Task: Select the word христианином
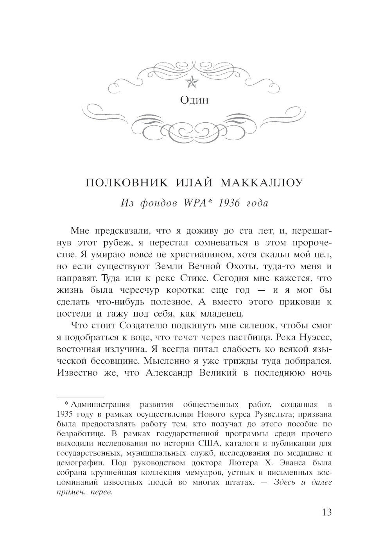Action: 197,255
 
